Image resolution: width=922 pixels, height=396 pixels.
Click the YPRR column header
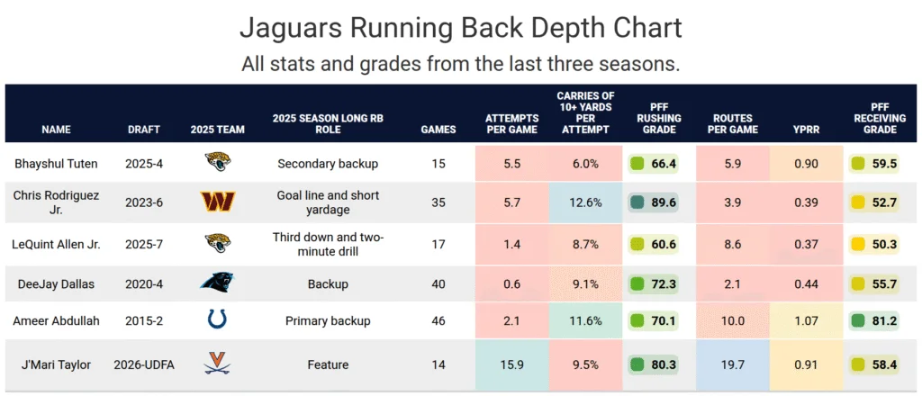point(806,130)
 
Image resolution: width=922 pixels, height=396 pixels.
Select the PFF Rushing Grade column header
point(658,118)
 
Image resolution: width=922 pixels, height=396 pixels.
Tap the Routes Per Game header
point(732,124)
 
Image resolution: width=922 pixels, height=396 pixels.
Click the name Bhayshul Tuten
point(57,163)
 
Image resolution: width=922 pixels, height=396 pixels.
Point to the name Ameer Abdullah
point(57,320)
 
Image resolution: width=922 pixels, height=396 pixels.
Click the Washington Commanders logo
point(218,202)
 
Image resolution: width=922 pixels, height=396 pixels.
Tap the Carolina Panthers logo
point(218,283)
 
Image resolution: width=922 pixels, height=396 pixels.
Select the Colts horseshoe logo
point(218,320)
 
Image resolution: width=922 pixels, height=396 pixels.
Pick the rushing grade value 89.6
point(664,202)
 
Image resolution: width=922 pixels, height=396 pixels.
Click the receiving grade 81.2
point(884,320)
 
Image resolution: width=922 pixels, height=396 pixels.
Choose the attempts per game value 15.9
point(511,364)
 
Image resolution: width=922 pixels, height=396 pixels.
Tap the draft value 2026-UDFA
point(144,364)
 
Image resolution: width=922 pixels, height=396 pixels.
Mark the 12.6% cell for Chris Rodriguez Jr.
point(584,202)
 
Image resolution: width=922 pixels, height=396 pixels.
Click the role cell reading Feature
point(328,364)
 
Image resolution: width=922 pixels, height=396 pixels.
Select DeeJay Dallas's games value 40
point(438,283)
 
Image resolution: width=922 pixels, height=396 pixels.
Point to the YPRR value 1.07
point(806,320)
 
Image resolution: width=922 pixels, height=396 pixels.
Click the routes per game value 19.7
point(732,364)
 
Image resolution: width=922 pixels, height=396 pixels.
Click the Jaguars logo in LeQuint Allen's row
point(218,243)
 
